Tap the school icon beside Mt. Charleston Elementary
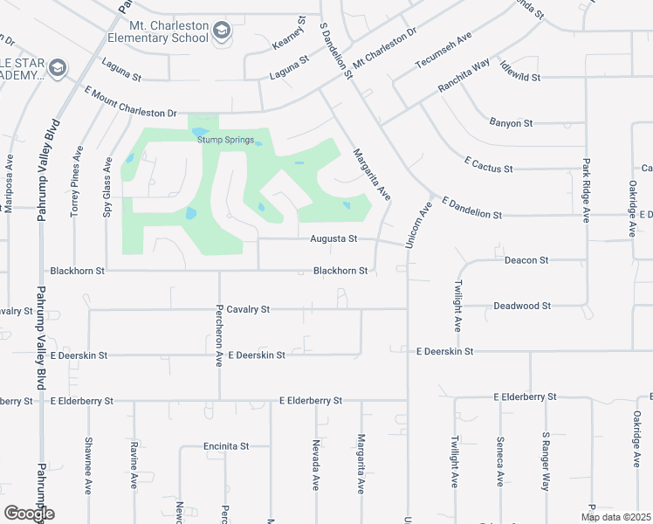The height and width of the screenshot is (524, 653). pyautogui.click(x=223, y=31)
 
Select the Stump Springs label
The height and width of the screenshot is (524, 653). pyautogui.click(x=225, y=140)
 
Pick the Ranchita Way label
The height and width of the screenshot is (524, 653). pyautogui.click(x=464, y=78)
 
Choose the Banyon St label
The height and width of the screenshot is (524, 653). pyautogui.click(x=511, y=123)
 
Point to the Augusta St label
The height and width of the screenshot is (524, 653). pyautogui.click(x=333, y=238)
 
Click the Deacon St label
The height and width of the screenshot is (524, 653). pyautogui.click(x=526, y=260)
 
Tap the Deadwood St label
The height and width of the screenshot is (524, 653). pyautogui.click(x=522, y=306)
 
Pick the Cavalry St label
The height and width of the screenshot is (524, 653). pyautogui.click(x=249, y=309)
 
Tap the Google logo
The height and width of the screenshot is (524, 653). pyautogui.click(x=29, y=514)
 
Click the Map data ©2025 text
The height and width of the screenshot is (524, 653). pyautogui.click(x=615, y=517)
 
